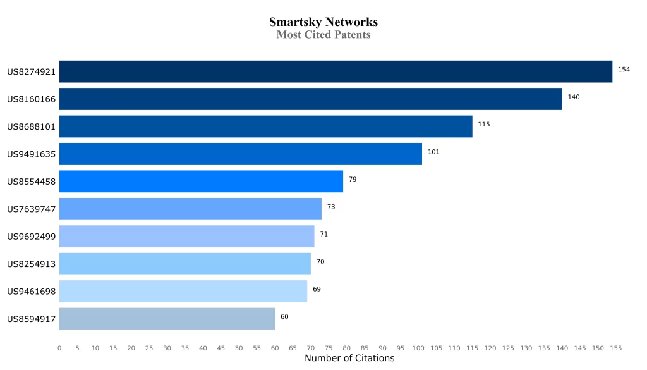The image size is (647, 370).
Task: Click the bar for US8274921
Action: point(336,71)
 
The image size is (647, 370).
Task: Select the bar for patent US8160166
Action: point(310,99)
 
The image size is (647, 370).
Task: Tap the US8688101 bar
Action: point(265,126)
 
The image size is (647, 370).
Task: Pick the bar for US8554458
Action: point(201,182)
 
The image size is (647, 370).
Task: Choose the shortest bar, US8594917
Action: point(167,319)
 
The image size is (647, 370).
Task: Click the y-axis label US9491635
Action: point(32,154)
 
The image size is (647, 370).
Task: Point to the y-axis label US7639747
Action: point(32,209)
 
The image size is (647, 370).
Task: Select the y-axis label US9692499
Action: point(32,237)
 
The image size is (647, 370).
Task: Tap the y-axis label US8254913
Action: point(32,264)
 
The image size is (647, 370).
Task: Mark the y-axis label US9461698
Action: point(32,292)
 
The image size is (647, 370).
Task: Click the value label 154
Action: point(624,70)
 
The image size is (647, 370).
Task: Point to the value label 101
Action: point(433,152)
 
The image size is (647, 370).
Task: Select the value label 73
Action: point(331,207)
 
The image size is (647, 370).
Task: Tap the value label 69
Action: point(317,289)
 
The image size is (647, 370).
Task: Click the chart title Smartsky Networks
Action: point(323,22)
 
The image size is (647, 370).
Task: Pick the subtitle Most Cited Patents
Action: point(323,35)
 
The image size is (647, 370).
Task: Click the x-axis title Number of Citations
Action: point(349,359)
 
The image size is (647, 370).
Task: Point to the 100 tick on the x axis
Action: point(418,348)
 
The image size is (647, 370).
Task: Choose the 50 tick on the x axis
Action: point(239,348)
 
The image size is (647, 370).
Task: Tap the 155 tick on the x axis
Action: point(616,348)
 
